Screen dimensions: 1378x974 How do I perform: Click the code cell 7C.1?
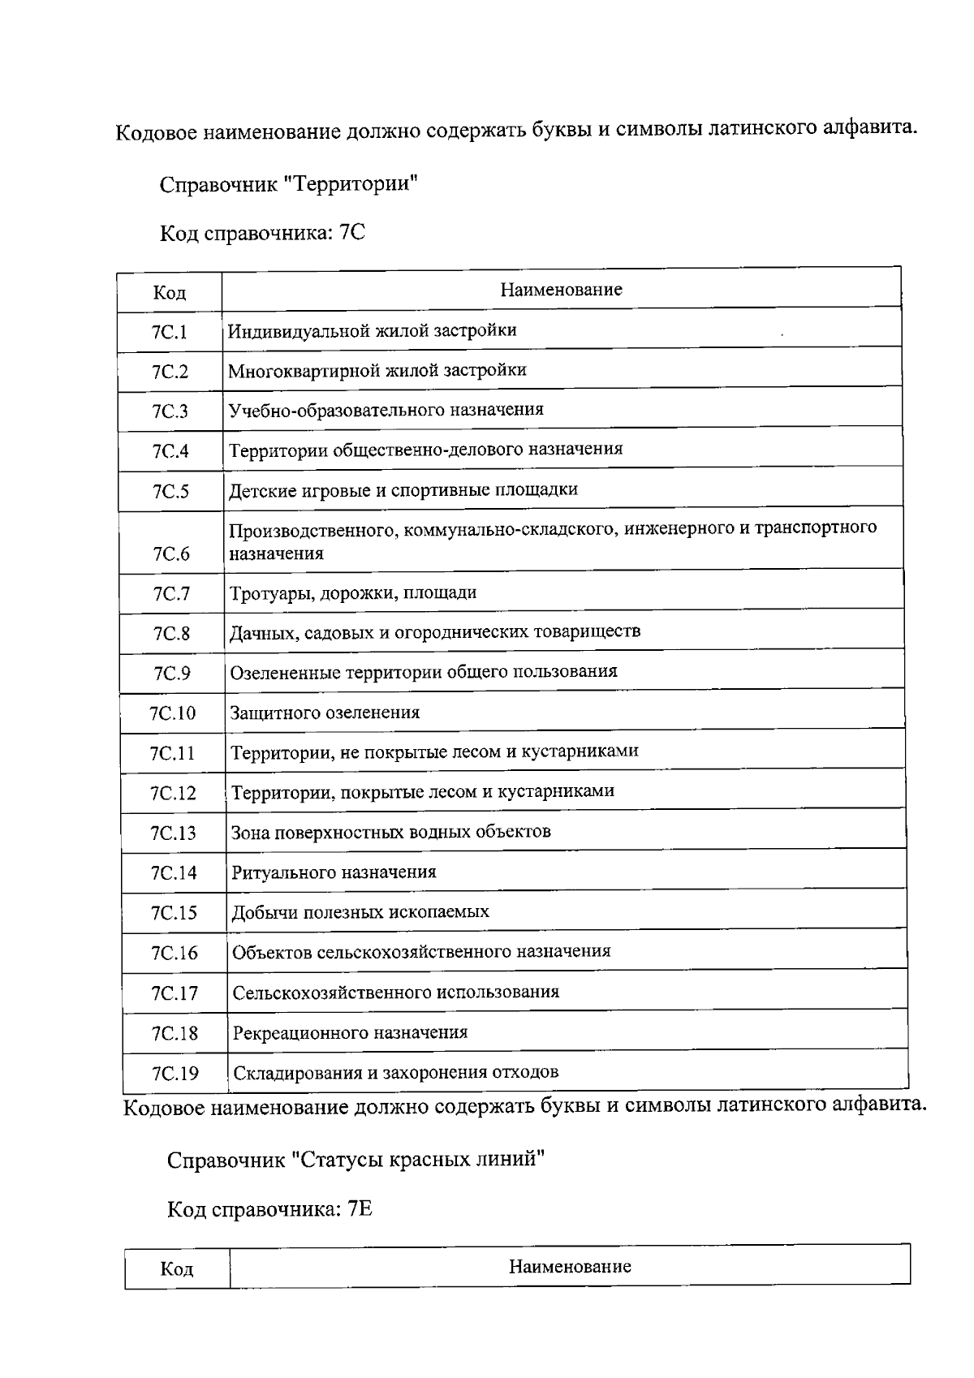point(169,332)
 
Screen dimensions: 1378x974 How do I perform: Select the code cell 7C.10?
point(172,713)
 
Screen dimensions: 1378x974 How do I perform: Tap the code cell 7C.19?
point(175,1074)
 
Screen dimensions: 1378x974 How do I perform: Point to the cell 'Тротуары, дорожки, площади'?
point(353,593)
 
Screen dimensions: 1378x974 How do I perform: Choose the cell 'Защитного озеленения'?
point(325,713)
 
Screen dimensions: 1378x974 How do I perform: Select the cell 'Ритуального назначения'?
point(334,872)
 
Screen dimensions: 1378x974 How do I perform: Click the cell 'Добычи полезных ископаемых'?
point(360,912)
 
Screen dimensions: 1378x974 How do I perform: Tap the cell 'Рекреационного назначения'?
point(350,1033)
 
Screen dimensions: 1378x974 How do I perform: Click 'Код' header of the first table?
point(169,292)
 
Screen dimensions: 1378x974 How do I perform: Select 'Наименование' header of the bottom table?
point(570,1267)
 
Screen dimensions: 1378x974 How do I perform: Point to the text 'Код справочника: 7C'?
point(262,234)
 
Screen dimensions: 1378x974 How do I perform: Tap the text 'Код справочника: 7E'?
point(269,1209)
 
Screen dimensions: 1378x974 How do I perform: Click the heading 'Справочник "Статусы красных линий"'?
point(355,1160)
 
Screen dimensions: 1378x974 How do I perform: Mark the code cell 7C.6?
point(170,554)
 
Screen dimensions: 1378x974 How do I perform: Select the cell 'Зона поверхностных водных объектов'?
point(390,832)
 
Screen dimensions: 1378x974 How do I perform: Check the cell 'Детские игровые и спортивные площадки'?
point(403,490)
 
